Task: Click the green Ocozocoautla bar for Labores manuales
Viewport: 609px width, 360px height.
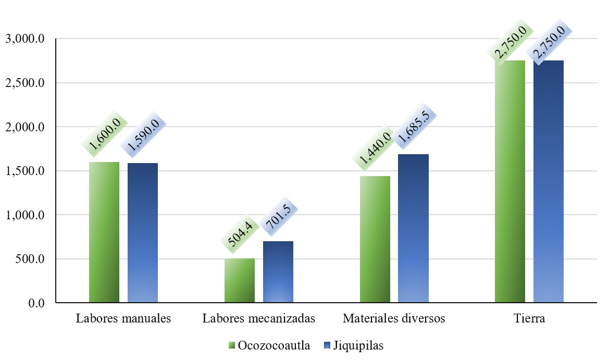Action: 104,232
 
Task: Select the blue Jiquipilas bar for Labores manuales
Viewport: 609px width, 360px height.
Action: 143,233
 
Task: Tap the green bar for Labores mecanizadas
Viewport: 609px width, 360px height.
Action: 240,280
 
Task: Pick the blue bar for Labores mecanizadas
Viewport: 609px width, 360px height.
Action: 278,272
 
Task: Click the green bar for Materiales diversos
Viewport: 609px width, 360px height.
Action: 375,239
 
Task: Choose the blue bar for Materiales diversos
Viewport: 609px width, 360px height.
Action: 414,228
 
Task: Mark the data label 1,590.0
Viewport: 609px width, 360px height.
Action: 143,141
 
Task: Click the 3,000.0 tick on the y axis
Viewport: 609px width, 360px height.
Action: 25,39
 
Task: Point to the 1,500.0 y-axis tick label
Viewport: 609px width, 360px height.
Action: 25,171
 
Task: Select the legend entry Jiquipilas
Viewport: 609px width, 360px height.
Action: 354,345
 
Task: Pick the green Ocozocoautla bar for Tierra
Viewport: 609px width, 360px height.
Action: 510,181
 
